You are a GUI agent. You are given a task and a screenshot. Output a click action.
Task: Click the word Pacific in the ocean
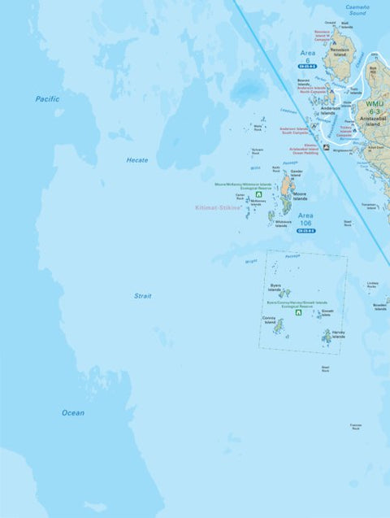pos(47,98)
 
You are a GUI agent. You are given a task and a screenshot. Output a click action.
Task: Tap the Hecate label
pos(136,160)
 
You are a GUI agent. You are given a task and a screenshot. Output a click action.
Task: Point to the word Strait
pos(143,296)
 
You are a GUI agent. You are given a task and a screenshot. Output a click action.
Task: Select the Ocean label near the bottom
pos(73,412)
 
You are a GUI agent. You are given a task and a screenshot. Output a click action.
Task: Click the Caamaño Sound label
pos(357,10)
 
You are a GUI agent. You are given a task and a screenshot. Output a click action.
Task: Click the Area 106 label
pos(305,219)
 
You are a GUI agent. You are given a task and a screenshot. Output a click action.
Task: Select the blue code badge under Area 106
pos(305,231)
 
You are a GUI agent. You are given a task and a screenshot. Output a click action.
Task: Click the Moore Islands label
pos(300,196)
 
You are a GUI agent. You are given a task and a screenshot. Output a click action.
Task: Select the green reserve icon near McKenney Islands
pos(258,195)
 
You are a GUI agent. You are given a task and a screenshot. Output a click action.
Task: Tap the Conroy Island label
pos(269,320)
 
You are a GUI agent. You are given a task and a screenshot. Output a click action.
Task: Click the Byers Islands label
pos(275,288)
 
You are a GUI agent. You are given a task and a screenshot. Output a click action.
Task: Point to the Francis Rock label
pos(356,426)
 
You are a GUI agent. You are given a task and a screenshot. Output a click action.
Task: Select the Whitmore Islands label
pos(283,222)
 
